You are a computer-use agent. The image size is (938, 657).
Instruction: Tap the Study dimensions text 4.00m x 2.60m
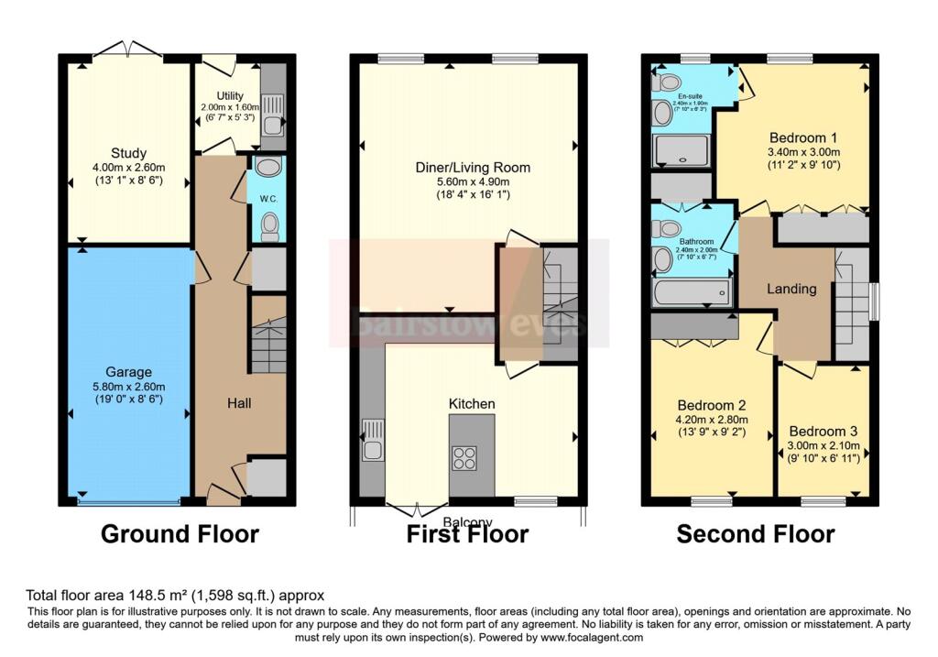tap(127, 168)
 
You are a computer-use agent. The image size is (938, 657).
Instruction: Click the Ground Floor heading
tap(180, 534)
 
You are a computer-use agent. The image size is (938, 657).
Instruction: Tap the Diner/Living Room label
tap(471, 168)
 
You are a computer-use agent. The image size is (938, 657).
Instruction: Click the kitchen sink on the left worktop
tap(372, 440)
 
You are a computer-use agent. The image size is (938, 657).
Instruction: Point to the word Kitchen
tap(472, 403)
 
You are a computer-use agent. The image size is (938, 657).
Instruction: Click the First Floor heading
tap(467, 534)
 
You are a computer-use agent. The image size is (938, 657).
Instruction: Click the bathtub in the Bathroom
tap(692, 294)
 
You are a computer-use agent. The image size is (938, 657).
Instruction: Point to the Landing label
tap(791, 289)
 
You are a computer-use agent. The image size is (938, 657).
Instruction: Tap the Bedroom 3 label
tap(823, 432)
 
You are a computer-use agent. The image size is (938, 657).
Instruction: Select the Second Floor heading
tap(756, 534)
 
